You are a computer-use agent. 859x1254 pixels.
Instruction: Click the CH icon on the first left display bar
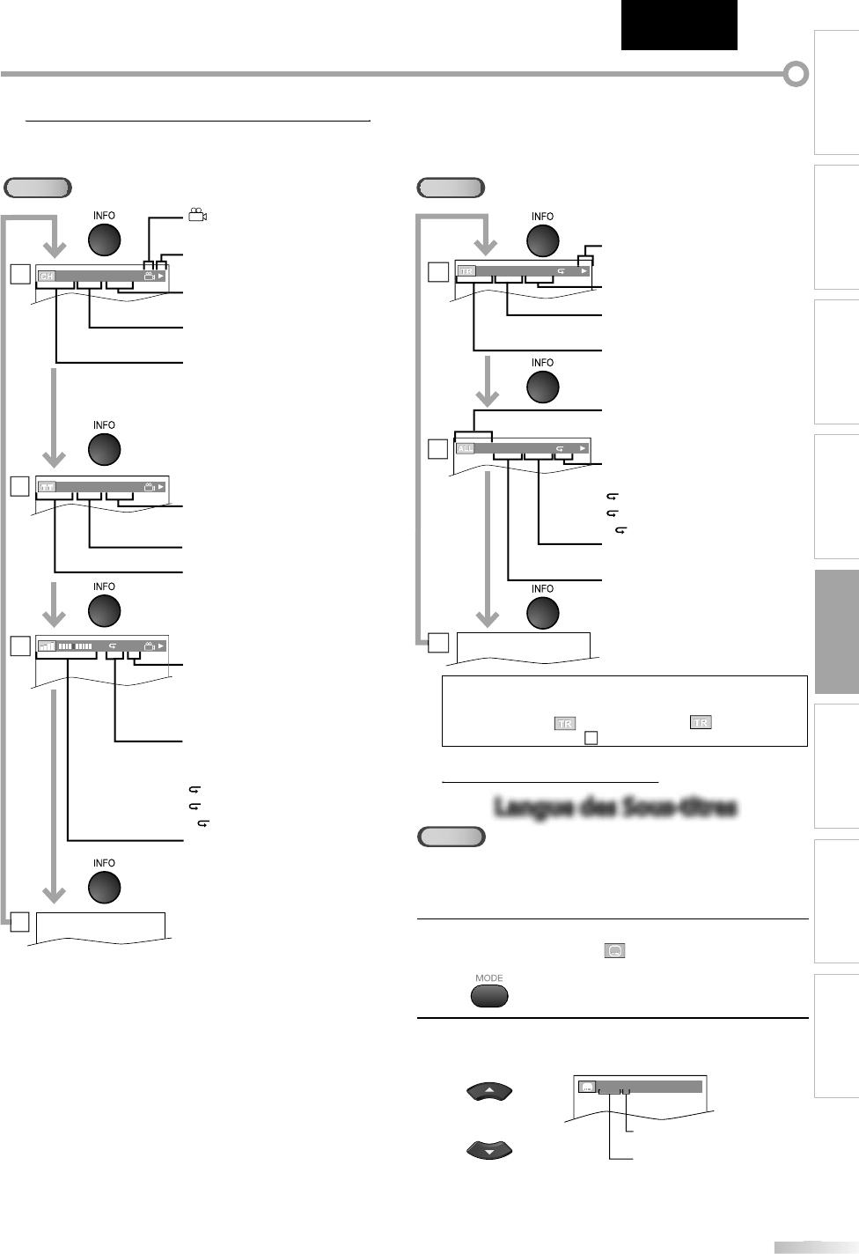click(47, 276)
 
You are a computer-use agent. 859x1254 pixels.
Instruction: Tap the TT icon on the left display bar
click(47, 486)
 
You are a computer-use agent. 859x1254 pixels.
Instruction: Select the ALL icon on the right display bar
click(466, 448)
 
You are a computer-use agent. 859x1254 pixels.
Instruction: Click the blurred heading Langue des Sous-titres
click(614, 807)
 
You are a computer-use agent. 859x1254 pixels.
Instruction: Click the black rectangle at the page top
click(678, 25)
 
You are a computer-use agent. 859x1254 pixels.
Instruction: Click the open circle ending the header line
click(796, 75)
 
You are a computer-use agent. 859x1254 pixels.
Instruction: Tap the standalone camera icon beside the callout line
click(197, 215)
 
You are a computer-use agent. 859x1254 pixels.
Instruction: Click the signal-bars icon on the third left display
click(47, 645)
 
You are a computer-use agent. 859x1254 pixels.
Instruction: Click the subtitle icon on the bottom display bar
click(588, 1086)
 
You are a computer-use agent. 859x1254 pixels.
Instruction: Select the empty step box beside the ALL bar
click(437, 449)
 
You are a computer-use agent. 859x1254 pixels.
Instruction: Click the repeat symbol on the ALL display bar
click(561, 448)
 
